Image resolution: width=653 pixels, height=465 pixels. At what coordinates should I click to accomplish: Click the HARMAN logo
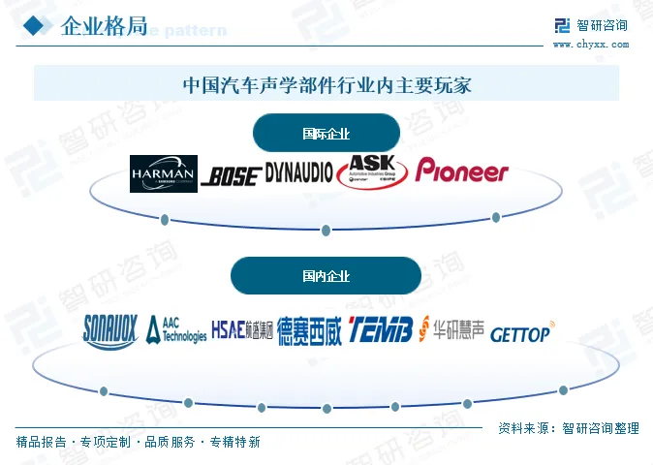164,173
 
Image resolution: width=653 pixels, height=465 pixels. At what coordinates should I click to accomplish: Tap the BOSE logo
231,175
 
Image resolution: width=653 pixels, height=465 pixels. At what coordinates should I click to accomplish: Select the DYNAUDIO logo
298,172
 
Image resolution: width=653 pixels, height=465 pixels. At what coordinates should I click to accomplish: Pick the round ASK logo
374,171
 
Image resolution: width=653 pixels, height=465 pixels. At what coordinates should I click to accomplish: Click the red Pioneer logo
462,171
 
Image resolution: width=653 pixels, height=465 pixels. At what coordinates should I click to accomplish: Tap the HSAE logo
241,328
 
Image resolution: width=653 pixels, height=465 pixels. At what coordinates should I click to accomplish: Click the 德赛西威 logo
310,330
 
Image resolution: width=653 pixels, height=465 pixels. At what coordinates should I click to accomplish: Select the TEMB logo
381,329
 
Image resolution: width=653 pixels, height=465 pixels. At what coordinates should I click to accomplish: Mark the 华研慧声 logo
451,329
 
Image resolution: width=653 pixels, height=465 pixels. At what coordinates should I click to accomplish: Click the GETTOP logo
522,332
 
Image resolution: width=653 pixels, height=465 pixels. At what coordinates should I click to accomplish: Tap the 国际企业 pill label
326,134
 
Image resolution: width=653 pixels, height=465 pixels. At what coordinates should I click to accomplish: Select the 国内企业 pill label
326,276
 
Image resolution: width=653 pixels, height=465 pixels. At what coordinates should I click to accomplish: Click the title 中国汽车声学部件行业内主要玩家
326,83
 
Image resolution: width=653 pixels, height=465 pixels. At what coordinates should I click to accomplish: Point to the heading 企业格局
104,26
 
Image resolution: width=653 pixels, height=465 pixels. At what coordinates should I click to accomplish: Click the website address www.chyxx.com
589,44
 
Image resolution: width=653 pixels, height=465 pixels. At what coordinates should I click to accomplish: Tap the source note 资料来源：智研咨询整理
569,428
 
